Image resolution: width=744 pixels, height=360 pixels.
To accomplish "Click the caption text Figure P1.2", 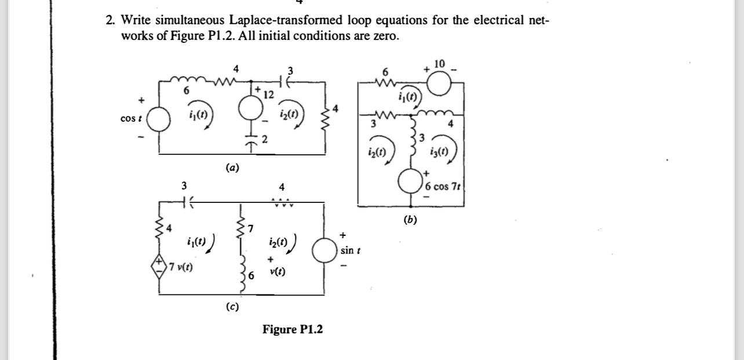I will click(x=293, y=330).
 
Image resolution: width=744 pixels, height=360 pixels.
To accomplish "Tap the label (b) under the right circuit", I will click(x=411, y=220).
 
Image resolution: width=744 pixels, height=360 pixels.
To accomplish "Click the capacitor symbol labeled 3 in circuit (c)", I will click(x=184, y=202).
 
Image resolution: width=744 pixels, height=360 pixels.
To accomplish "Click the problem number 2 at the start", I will click(x=109, y=20).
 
